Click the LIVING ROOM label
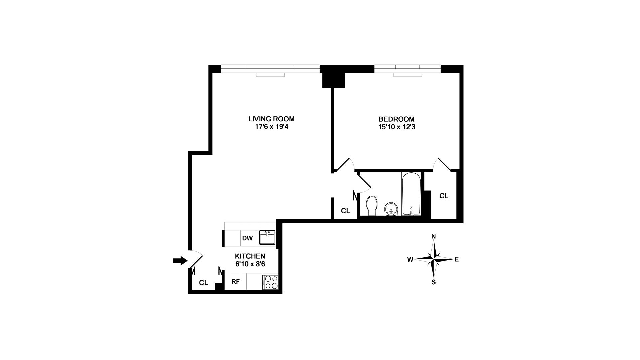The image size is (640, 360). pos(271,119)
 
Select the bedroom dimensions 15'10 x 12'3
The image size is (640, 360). pos(396,127)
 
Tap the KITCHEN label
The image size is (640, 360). pos(250,256)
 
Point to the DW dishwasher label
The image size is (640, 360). pos(247,238)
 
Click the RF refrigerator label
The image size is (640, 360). pos(235,282)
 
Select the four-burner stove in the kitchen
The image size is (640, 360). pos(270,282)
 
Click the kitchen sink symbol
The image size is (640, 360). pos(267,238)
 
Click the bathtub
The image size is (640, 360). pos(411,194)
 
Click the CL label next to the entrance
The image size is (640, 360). pos(203,283)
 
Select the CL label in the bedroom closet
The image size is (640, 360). pos(444,196)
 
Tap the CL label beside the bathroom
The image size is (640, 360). pos(345,211)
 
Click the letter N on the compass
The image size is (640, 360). pos(434,236)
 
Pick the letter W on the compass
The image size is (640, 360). pos(410,259)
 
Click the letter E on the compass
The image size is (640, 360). pos(457,259)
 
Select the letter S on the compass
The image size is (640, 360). pos(434,282)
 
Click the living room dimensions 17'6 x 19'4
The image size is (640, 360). pos(271,127)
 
